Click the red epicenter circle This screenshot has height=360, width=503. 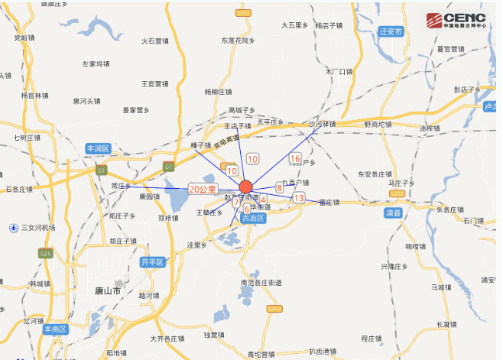click(x=245, y=186)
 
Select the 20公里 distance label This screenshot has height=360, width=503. click(x=203, y=188)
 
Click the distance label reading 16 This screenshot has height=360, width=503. click(x=295, y=159)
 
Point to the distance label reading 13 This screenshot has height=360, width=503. click(x=299, y=198)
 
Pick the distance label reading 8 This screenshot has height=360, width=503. click(x=280, y=187)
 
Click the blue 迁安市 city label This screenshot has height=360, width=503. click(x=391, y=32)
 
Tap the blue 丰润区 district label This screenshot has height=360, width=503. click(x=99, y=148)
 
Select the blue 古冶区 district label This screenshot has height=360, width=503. click(x=252, y=219)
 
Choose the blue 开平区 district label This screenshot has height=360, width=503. click(x=152, y=262)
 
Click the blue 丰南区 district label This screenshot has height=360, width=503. click(x=56, y=329)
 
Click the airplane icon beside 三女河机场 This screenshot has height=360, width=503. click(x=13, y=228)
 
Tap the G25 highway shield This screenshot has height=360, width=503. click(x=46, y=254)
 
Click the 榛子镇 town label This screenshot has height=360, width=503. click(x=200, y=144)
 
